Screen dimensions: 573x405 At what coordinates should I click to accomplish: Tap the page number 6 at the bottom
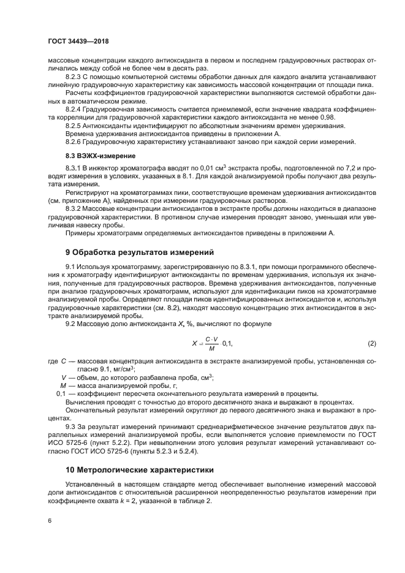coord(49,521)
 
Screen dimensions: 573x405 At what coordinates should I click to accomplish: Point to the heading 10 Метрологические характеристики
coord(140,470)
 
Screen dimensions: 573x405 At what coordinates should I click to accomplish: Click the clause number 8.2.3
coord(74,77)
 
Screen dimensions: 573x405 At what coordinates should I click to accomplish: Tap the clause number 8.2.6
coord(74,142)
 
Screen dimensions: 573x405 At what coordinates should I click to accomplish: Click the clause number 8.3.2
coord(74,208)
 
